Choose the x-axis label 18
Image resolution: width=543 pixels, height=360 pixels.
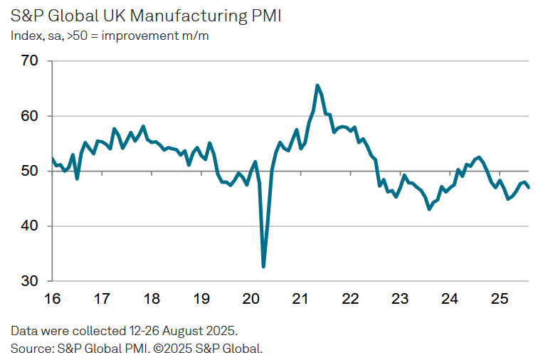152,299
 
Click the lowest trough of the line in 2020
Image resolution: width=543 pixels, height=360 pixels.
264,267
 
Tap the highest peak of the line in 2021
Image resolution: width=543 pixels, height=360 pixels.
317,85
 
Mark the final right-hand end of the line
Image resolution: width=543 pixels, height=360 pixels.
528,187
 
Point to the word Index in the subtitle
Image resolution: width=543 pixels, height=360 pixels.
24,36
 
